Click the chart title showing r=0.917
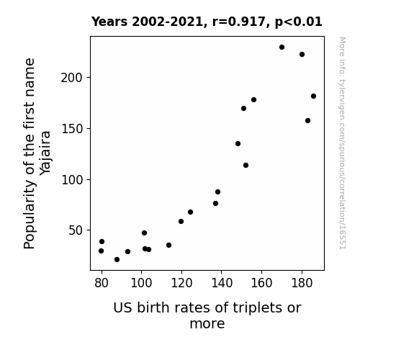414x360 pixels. (x=207, y=22)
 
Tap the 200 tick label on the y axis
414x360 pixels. (x=72, y=78)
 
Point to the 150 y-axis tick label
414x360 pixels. (x=72, y=129)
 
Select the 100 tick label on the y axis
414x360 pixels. (x=72, y=180)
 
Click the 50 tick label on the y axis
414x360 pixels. (x=76, y=230)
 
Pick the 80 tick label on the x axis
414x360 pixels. (x=102, y=283)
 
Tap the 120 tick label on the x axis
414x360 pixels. (x=181, y=283)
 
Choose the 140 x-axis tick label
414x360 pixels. (x=222, y=283)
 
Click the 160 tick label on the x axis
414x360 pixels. (x=261, y=283)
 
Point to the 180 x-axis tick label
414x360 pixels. (x=302, y=283)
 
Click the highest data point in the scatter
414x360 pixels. (x=282, y=48)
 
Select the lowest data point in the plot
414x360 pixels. (x=117, y=260)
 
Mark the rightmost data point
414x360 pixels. (x=313, y=96)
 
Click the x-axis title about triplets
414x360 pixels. (x=207, y=315)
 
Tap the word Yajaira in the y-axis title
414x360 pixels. (x=45, y=153)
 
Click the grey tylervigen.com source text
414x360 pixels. (x=342, y=143)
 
